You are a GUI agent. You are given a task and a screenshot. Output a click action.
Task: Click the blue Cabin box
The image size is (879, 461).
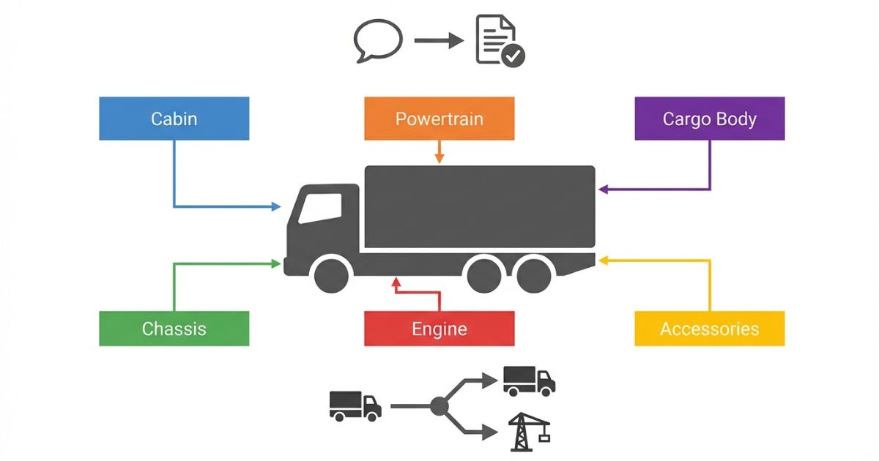click(x=174, y=119)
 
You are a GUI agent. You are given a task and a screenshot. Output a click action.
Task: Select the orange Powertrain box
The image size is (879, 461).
click(x=439, y=119)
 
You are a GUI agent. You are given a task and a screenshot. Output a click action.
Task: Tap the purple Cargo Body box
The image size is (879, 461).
click(x=709, y=119)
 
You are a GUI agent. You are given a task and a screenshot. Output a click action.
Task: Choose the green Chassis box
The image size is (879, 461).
click(x=174, y=329)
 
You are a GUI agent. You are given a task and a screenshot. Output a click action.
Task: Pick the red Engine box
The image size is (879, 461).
click(x=439, y=329)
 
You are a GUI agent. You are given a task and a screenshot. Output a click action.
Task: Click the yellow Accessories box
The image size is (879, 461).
click(x=709, y=329)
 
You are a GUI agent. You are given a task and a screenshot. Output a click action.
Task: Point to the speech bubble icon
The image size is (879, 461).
click(x=378, y=40)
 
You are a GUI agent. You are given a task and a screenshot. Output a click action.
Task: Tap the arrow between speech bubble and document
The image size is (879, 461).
click(x=438, y=40)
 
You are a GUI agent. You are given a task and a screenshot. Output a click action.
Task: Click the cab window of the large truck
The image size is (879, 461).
click(x=320, y=206)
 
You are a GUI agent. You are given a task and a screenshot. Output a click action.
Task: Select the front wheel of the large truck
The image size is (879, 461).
click(x=331, y=274)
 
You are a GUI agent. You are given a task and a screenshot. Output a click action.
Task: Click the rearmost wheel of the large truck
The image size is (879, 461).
click(x=533, y=274)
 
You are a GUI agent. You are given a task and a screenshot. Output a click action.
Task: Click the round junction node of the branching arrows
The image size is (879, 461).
click(x=439, y=405)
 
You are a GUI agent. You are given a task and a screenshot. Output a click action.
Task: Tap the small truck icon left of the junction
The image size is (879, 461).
click(x=355, y=405)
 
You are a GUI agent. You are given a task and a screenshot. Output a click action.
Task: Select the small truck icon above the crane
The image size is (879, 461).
click(x=529, y=381)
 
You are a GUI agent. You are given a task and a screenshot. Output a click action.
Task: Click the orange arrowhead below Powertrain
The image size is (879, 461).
click(x=439, y=158)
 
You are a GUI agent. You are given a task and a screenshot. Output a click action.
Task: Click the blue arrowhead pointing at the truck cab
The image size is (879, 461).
click(x=276, y=207)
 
